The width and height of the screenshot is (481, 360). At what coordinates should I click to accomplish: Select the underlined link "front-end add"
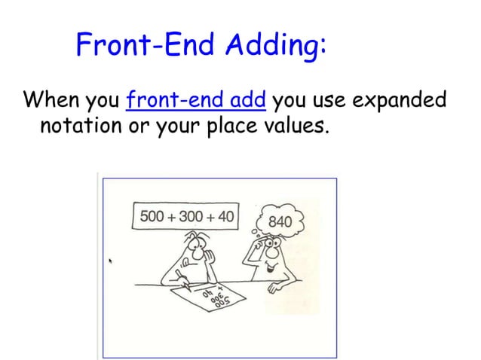[198, 100]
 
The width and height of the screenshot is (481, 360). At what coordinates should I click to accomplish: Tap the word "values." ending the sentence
[302, 124]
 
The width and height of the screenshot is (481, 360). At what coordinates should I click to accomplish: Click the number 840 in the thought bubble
[280, 222]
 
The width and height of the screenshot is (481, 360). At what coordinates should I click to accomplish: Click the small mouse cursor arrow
[111, 262]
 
